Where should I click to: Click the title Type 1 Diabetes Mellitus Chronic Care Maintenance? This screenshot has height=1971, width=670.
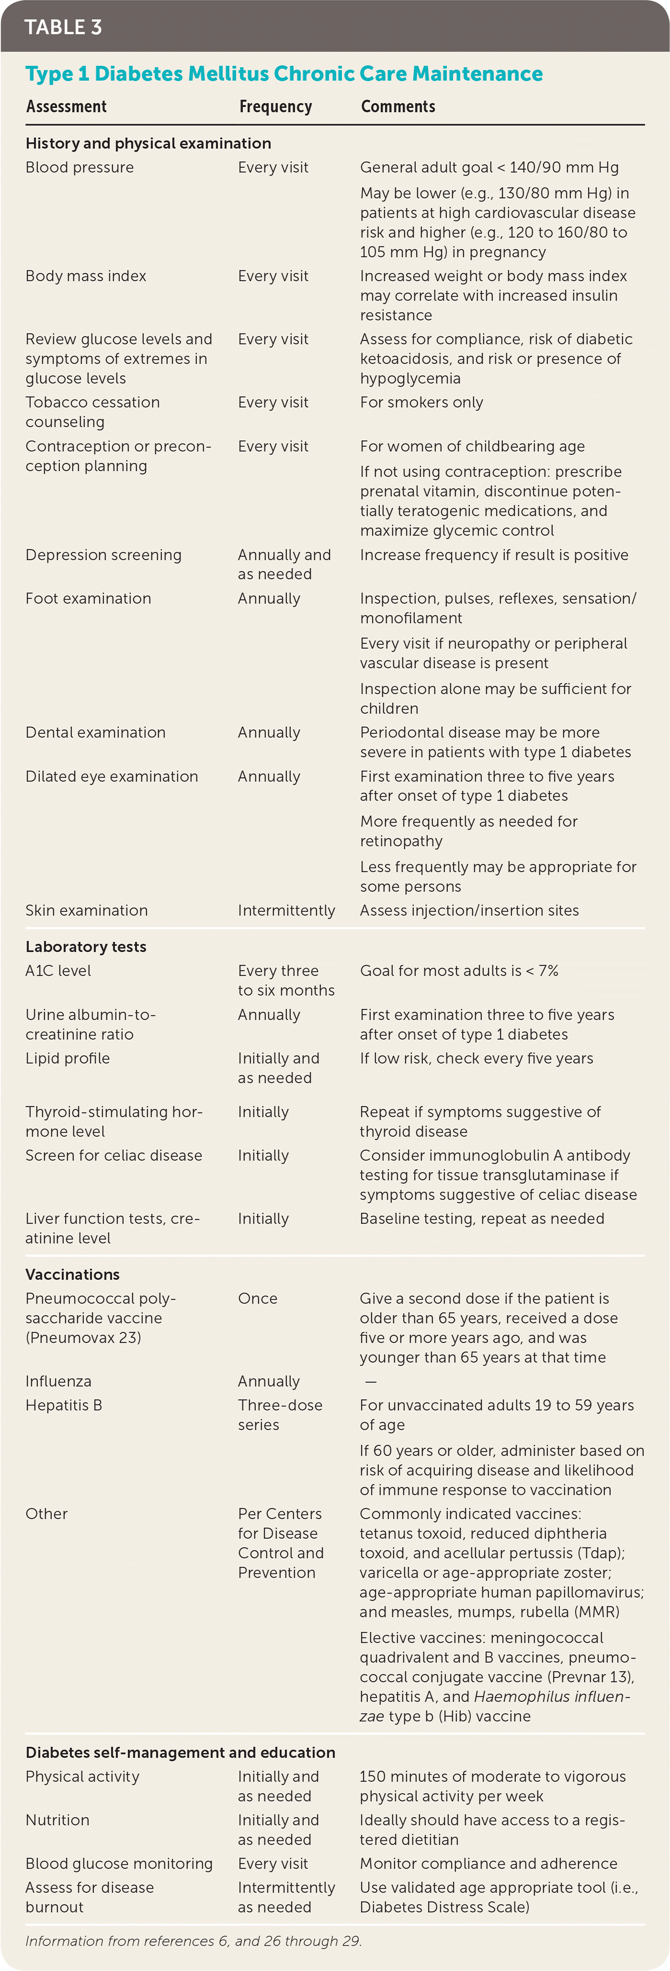284,74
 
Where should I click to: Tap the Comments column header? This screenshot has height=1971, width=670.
397,106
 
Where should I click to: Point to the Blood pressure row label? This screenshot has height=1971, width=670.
79,167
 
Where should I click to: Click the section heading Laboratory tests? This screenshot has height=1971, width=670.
86,947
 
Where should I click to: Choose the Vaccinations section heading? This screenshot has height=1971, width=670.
73,1274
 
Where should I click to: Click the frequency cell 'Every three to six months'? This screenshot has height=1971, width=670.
285,980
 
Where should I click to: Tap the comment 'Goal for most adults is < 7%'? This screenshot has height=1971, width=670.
459,971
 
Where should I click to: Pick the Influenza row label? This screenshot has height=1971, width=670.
58,1381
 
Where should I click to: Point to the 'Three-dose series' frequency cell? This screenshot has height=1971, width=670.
280,1415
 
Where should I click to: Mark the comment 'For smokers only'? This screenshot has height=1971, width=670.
421,402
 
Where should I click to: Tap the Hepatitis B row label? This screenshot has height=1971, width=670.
64,1405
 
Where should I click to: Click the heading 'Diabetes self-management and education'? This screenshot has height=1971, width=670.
180,1752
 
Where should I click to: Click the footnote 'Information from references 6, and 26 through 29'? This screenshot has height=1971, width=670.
193,1940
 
